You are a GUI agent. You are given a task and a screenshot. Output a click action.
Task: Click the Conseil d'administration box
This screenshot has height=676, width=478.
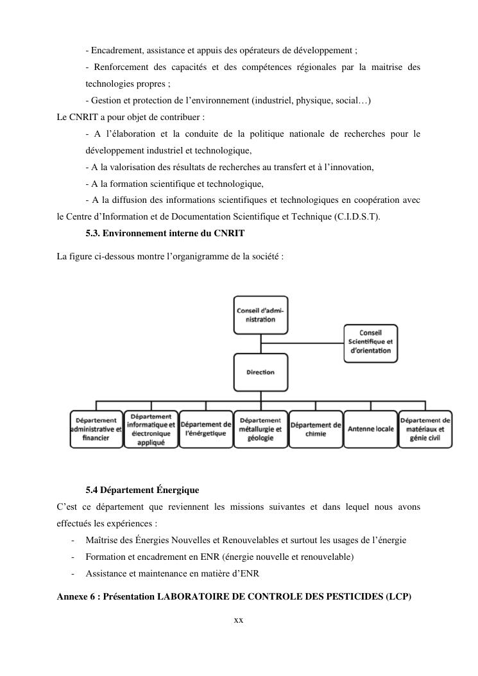click(260, 315)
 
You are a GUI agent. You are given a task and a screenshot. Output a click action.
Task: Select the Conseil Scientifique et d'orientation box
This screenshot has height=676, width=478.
click(370, 342)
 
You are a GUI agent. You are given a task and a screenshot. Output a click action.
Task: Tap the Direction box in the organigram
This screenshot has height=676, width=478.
click(260, 372)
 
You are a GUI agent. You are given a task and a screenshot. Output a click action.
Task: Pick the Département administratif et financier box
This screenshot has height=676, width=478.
click(96, 429)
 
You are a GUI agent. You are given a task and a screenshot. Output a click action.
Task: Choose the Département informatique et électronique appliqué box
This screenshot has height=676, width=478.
click(151, 429)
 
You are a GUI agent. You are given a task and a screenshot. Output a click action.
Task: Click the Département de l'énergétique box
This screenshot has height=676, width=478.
click(206, 429)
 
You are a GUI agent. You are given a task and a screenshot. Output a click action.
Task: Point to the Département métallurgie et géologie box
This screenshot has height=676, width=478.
click(260, 429)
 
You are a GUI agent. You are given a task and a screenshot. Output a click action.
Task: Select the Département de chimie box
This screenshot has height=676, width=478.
click(316, 429)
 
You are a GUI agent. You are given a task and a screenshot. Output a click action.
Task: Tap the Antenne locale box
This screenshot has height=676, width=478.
click(371, 429)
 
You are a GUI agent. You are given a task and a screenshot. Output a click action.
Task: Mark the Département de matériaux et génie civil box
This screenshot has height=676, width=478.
click(425, 429)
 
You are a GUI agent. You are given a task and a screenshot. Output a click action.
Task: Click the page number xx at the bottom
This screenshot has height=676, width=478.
click(239, 620)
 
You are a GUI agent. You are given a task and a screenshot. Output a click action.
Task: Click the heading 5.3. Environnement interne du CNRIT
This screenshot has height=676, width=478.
click(165, 232)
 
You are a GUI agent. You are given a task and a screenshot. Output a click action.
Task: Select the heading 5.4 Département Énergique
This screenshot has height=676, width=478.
click(142, 490)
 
